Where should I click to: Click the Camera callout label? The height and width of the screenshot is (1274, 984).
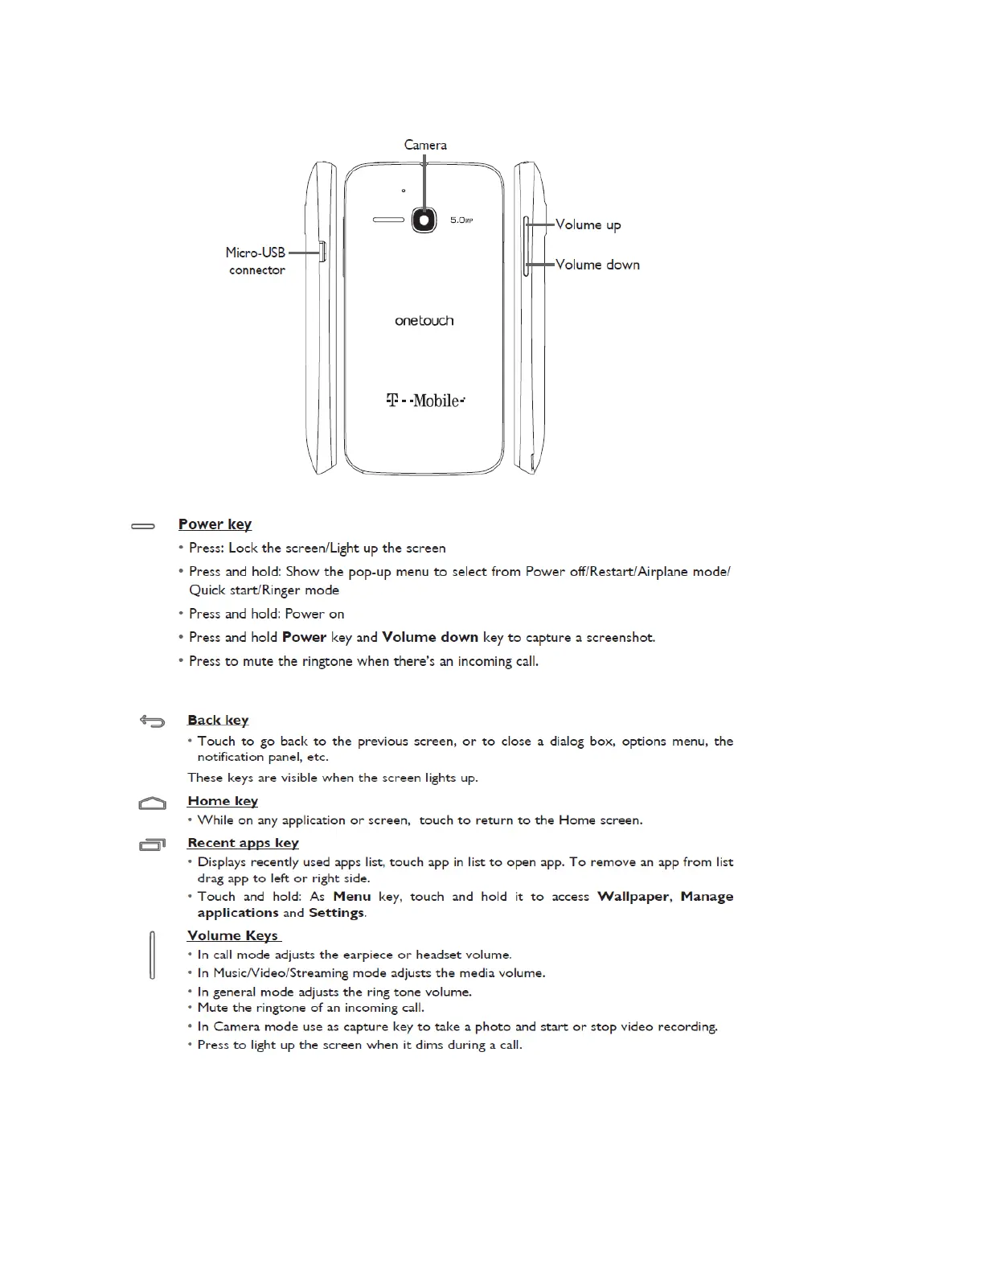(425, 145)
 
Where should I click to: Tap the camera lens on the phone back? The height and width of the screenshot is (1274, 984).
(424, 219)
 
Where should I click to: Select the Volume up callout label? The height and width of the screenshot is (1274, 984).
(588, 224)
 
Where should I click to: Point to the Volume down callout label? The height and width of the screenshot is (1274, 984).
(597, 265)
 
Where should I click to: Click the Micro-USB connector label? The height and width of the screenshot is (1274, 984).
(256, 261)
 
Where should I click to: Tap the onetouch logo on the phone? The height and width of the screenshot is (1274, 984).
(424, 321)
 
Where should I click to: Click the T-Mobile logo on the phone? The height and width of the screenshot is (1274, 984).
(425, 400)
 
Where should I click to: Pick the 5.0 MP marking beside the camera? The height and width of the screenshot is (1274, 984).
(461, 220)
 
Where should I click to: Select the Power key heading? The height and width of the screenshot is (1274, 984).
(215, 524)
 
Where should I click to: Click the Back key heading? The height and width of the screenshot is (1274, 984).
(218, 720)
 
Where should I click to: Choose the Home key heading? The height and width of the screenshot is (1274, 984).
(223, 801)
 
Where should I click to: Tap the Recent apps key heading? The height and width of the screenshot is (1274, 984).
(243, 843)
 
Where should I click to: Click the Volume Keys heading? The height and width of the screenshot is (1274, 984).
(233, 935)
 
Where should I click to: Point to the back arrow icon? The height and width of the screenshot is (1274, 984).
(152, 721)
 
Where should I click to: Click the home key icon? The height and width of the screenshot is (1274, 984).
(152, 803)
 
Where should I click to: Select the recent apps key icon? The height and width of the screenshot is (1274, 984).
(152, 844)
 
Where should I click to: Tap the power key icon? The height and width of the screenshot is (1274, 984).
(143, 526)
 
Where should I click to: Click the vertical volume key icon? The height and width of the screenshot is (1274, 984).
(152, 955)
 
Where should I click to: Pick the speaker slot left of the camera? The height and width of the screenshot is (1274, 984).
(389, 219)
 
